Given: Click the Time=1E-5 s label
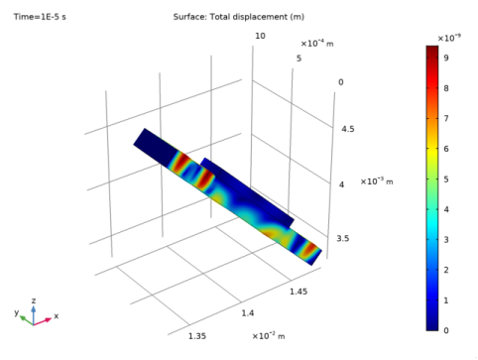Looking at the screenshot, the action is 40,17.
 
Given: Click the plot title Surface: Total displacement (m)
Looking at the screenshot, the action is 239,17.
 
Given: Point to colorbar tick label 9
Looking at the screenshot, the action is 446,58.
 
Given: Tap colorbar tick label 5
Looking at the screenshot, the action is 446,180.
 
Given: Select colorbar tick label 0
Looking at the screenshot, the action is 446,330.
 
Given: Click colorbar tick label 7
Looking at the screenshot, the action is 446,118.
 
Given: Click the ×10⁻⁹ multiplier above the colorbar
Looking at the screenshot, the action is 449,38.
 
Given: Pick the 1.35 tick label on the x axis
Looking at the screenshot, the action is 197,336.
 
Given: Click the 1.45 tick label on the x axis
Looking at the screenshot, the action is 299,292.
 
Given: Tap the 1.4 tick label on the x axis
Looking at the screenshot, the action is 248,313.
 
